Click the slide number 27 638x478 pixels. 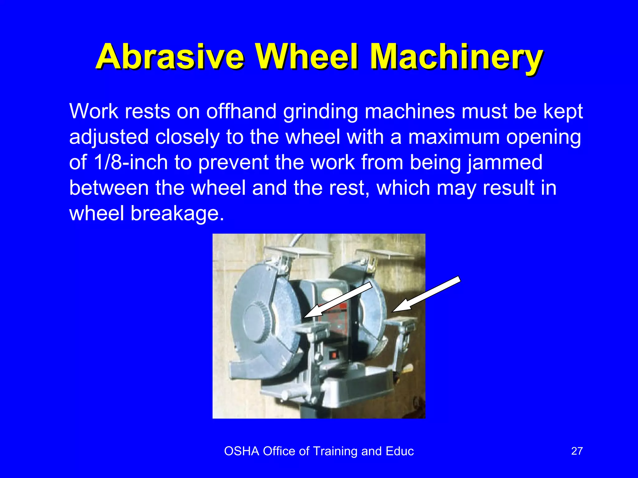click(x=577, y=451)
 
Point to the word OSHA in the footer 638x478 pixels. click(x=241, y=451)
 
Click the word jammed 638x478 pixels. click(x=505, y=162)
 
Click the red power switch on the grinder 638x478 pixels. click(x=334, y=355)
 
